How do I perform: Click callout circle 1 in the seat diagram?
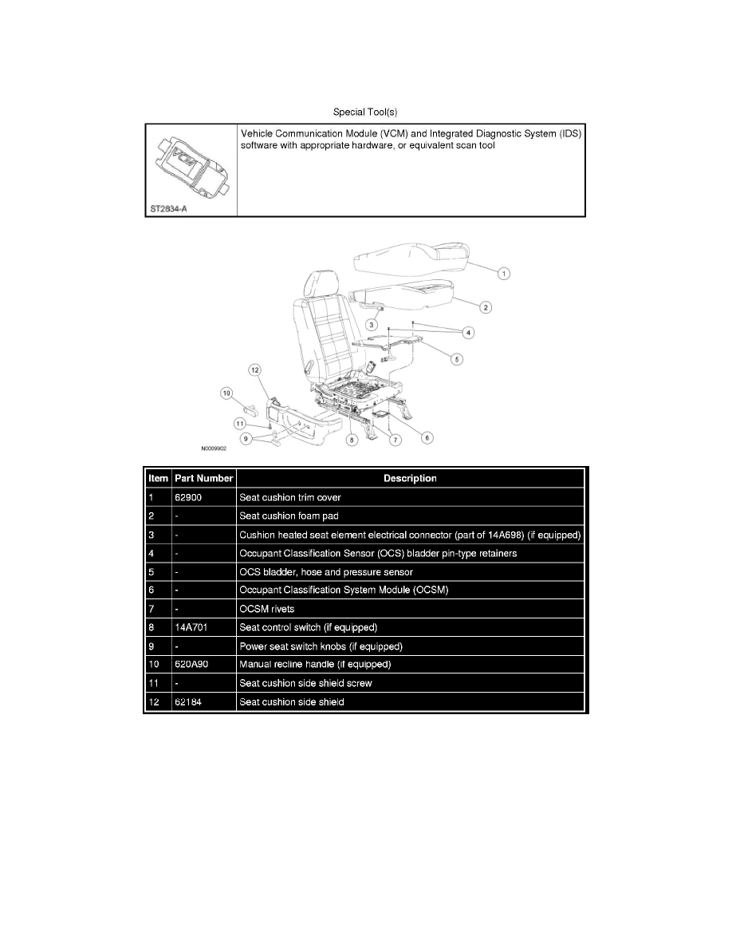[504, 273]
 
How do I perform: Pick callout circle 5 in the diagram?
[456, 359]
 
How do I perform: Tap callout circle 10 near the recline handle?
[226, 392]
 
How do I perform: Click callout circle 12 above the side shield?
[254, 369]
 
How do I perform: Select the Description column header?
[410, 479]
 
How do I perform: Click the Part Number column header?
[204, 479]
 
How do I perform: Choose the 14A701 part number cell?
[189, 628]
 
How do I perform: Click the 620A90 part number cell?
[189, 665]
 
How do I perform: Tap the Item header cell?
[159, 479]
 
